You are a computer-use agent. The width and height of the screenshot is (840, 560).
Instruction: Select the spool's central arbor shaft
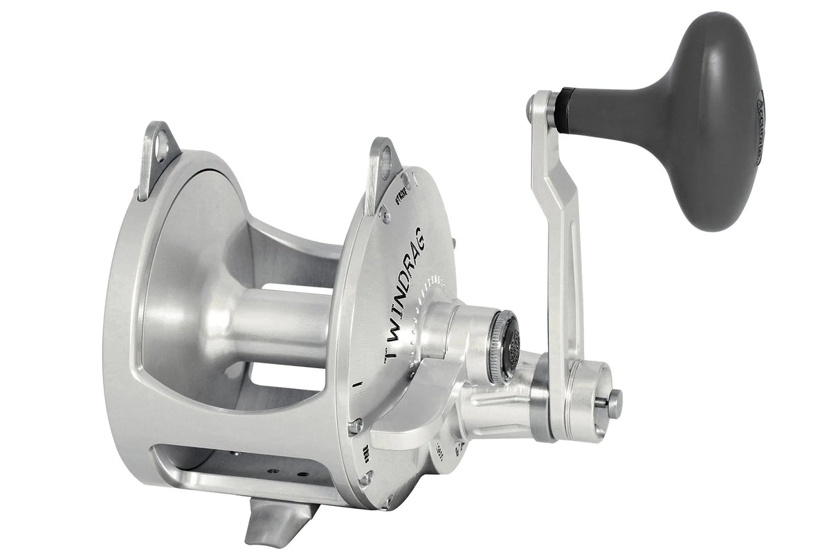277,325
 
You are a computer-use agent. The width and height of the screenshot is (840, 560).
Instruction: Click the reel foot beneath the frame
277,523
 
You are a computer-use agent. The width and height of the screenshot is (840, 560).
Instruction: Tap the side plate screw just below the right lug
384,215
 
